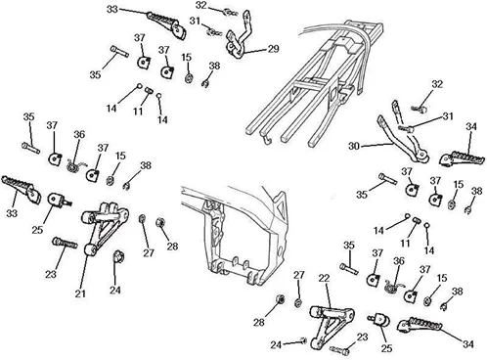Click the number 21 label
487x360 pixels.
pyautogui.click(x=80, y=293)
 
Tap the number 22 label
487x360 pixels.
pyautogui.click(x=324, y=278)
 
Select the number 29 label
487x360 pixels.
pyautogui.click(x=273, y=49)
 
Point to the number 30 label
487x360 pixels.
pyautogui.click(x=354, y=146)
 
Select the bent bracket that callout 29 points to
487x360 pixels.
pyautogui.click(x=240, y=36)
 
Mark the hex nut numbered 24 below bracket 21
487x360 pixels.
pyautogui.click(x=117, y=257)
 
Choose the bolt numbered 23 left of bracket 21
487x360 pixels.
pyautogui.click(x=65, y=243)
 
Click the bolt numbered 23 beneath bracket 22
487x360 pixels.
pyautogui.click(x=340, y=350)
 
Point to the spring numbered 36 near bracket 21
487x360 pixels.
pyautogui.click(x=76, y=165)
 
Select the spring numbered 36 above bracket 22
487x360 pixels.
pyautogui.click(x=393, y=286)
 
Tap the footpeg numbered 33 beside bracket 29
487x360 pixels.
pyautogui.click(x=167, y=24)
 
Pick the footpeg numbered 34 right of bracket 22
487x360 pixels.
pyautogui.click(x=420, y=325)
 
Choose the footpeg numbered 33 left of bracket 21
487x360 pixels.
pyautogui.click(x=22, y=190)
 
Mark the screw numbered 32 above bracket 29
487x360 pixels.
pyautogui.click(x=230, y=13)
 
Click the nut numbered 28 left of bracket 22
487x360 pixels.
pyautogui.click(x=280, y=298)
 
